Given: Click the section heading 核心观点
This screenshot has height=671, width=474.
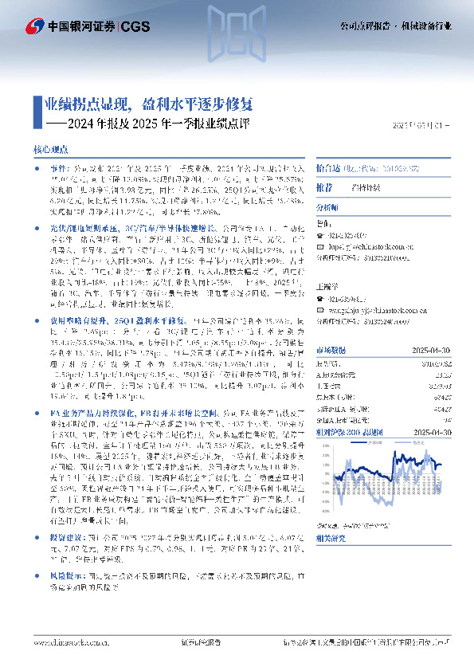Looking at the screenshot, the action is coord(50,149).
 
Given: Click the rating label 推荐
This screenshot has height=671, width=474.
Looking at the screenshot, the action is coord(324,186).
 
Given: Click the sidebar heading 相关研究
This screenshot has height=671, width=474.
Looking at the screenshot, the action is coord(331,539).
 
